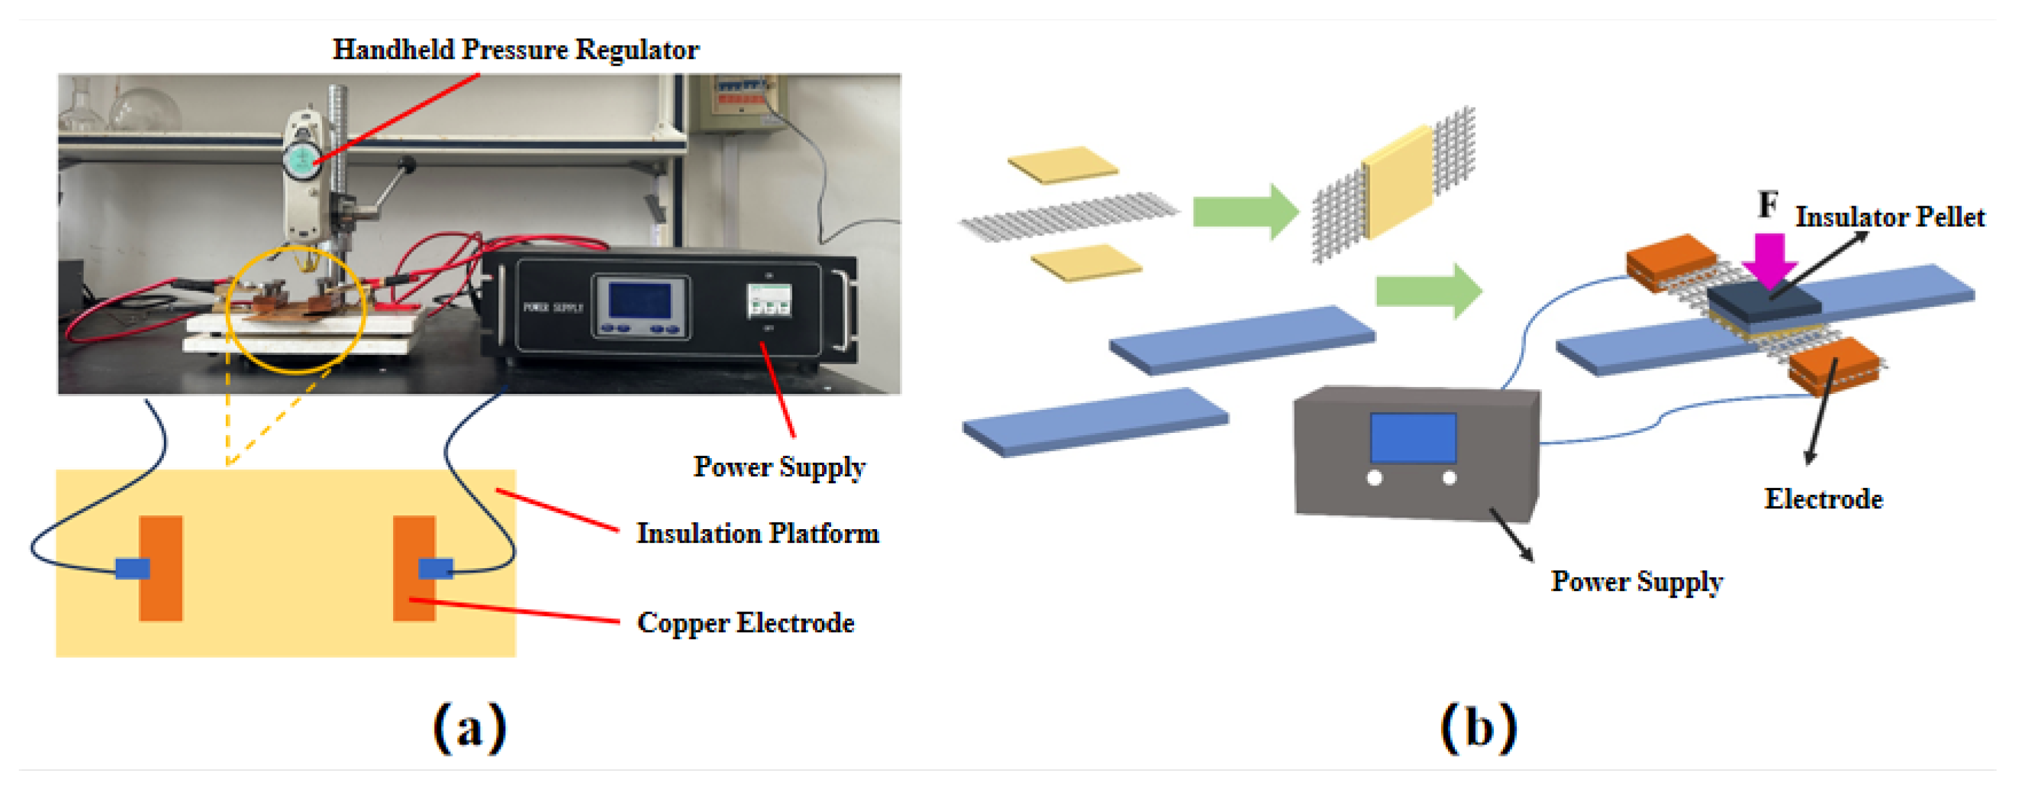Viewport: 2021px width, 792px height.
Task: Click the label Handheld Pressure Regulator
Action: tap(514, 49)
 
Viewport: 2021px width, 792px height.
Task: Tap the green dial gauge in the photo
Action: tap(300, 161)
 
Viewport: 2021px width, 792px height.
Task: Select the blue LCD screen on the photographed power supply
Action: tap(640, 301)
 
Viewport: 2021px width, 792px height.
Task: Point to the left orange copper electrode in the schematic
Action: tap(161, 568)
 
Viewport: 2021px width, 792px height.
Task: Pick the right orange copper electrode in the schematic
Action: tap(414, 568)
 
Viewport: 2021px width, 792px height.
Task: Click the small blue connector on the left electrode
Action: tap(132, 568)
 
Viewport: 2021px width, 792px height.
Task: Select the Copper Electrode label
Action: tap(745, 623)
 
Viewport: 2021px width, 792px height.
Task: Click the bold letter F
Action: tap(1767, 205)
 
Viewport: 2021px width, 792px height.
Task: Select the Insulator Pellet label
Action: tap(1889, 218)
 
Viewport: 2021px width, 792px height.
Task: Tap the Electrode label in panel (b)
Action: tap(1822, 499)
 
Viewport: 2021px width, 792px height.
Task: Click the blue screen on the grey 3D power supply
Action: tap(1412, 437)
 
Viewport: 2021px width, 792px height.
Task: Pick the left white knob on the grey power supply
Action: tap(1375, 478)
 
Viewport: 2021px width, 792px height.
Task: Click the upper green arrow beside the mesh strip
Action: tap(1244, 211)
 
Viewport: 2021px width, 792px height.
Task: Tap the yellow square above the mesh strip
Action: tap(1062, 164)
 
